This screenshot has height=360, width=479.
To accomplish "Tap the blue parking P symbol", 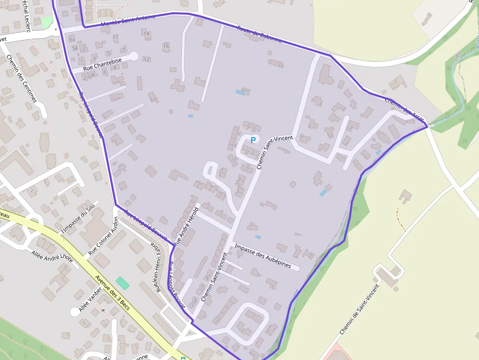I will point(253,140).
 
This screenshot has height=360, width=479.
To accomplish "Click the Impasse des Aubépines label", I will point(262,256).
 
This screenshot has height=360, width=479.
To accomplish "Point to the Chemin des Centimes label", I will point(22,78).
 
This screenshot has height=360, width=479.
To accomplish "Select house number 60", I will point(72,40).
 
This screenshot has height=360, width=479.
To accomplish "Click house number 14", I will point(147,33).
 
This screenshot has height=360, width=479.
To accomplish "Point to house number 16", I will point(166,46).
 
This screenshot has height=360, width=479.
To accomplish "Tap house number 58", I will point(75,48).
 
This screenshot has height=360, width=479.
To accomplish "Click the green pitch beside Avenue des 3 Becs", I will point(122,283).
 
